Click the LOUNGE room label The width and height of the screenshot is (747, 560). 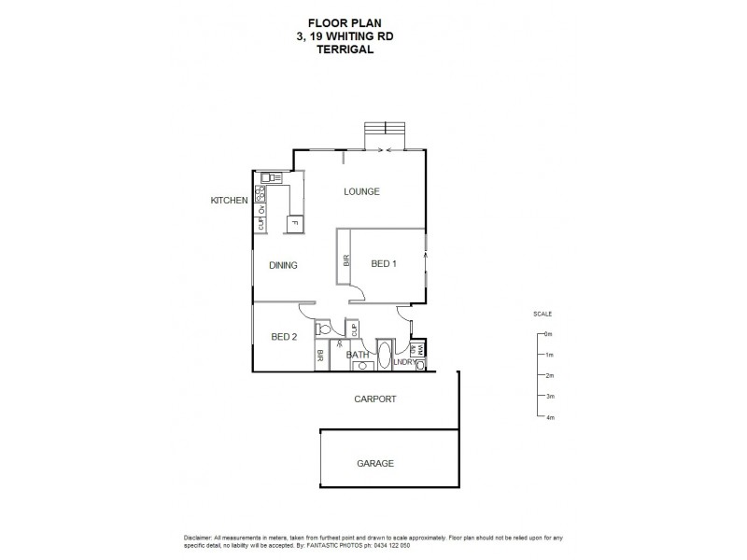[361, 192]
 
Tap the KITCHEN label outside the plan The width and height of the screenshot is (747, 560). [229, 201]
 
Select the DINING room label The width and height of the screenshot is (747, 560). [283, 265]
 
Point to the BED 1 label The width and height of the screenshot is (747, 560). [384, 264]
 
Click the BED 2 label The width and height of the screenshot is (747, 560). [283, 337]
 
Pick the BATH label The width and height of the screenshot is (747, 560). [358, 355]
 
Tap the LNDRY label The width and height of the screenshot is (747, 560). [403, 361]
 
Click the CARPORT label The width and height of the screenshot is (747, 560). [374, 399]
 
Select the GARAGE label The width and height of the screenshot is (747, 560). [374, 463]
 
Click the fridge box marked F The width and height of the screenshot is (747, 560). [293, 222]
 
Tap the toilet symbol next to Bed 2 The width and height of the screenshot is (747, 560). [323, 329]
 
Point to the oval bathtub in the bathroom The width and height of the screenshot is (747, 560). [385, 357]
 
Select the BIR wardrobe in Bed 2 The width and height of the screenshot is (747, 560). [319, 356]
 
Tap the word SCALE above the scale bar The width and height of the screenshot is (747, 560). [543, 314]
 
